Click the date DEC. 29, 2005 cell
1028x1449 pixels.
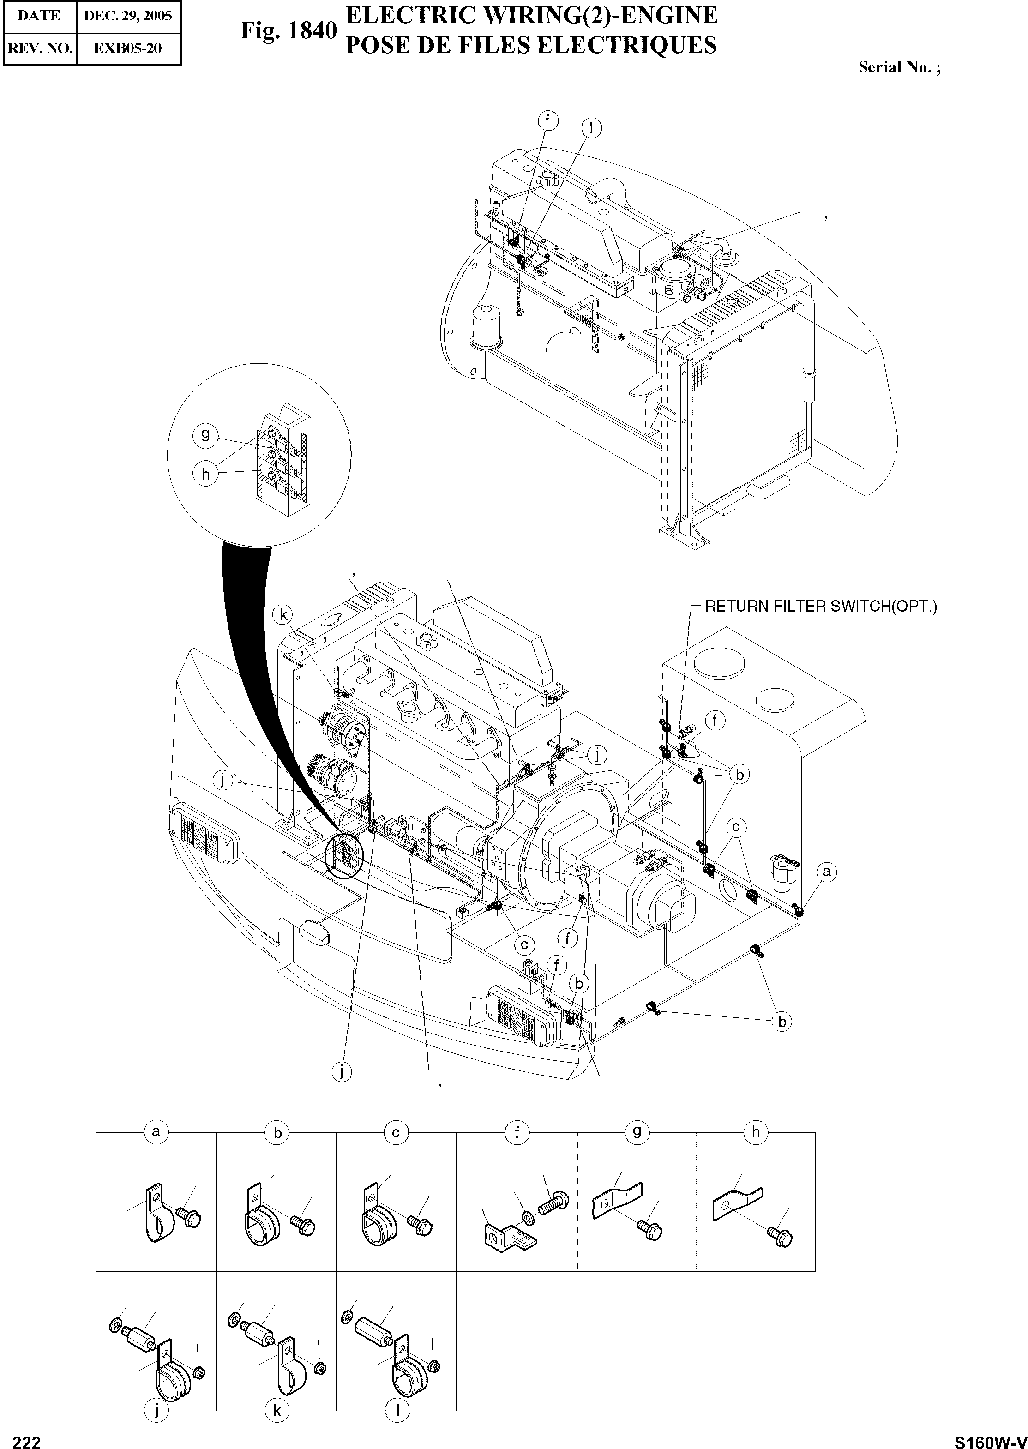click(128, 16)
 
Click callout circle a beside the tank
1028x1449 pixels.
click(826, 872)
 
